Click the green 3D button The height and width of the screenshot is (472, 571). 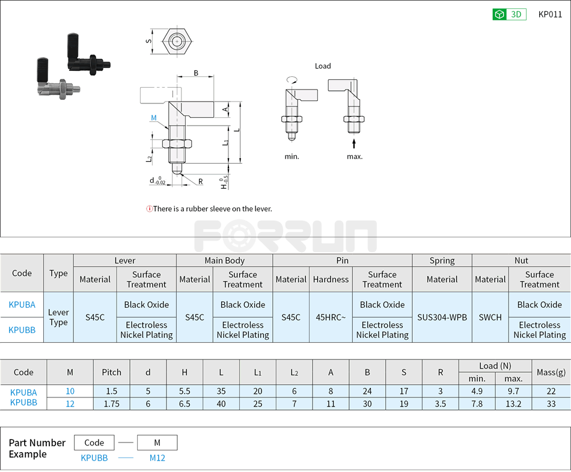[x=509, y=14]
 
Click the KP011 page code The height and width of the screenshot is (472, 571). [x=550, y=14]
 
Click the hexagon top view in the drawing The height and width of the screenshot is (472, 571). [x=176, y=41]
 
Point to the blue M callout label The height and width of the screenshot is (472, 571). [x=154, y=118]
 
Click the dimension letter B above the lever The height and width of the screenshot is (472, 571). [x=196, y=73]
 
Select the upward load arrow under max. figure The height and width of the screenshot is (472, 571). [x=354, y=143]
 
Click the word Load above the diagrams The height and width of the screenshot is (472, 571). [x=323, y=66]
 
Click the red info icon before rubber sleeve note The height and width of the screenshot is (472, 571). [x=149, y=209]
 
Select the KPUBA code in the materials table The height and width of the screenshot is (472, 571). [x=22, y=305]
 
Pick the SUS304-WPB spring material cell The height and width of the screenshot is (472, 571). [x=442, y=317]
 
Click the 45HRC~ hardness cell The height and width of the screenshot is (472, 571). [x=331, y=317]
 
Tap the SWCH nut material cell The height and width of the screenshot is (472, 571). [x=490, y=317]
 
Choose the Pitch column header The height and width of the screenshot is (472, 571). [x=111, y=372]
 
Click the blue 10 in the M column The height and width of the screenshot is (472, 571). [x=70, y=391]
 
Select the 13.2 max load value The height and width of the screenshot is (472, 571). [x=513, y=404]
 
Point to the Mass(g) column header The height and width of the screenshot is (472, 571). [x=551, y=372]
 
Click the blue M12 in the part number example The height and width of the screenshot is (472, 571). [x=157, y=458]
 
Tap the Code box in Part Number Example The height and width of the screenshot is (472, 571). [x=94, y=443]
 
